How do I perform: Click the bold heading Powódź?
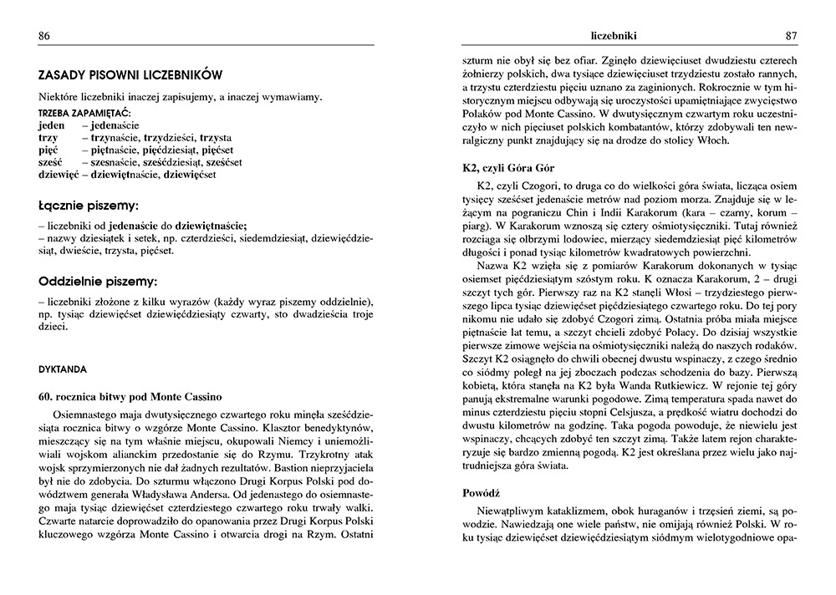pyautogui.click(x=482, y=493)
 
